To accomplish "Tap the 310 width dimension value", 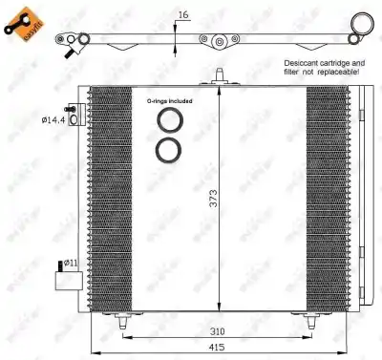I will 220,331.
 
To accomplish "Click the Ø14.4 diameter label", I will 54,120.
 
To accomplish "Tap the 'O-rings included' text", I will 170,100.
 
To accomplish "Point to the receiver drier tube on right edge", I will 369,191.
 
